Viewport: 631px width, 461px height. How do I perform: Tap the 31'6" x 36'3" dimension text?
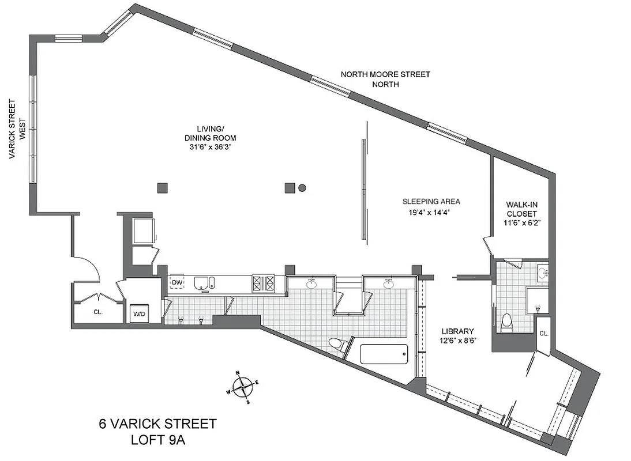click(210, 148)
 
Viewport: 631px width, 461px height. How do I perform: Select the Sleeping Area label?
click(431, 202)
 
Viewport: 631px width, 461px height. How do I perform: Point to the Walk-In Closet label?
click(521, 209)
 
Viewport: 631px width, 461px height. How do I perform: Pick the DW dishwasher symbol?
click(176, 283)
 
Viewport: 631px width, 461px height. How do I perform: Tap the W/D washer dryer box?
click(139, 314)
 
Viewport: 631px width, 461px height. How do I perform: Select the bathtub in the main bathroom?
click(384, 354)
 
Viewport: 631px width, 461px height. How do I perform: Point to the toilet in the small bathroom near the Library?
click(507, 322)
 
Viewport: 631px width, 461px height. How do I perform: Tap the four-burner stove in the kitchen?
click(264, 283)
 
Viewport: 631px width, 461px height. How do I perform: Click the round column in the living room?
click(302, 187)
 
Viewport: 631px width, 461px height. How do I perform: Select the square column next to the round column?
click(290, 187)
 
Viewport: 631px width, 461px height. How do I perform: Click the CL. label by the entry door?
click(97, 312)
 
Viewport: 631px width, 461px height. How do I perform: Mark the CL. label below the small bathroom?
click(543, 334)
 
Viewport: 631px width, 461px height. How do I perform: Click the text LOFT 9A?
click(157, 441)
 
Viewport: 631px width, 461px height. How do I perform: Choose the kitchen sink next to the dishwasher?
click(201, 283)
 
